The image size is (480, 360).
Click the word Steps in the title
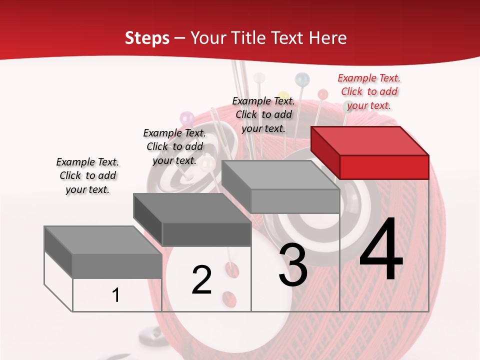(x=147, y=38)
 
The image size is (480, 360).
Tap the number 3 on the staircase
(x=293, y=265)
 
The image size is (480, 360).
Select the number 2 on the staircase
(x=201, y=280)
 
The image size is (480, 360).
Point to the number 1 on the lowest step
(x=116, y=295)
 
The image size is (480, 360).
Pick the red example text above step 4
(x=369, y=91)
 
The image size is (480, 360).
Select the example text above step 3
(x=263, y=114)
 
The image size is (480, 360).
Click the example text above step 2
(x=174, y=146)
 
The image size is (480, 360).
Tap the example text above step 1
(x=87, y=175)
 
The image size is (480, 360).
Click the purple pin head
(x=187, y=118)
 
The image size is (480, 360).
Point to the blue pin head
(x=302, y=78)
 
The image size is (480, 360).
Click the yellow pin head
(x=283, y=95)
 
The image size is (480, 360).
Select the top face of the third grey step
(x=280, y=175)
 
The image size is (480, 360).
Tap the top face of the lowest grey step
(x=103, y=240)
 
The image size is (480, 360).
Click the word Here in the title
(x=328, y=38)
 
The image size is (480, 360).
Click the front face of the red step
(x=384, y=167)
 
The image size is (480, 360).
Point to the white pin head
(x=259, y=78)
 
